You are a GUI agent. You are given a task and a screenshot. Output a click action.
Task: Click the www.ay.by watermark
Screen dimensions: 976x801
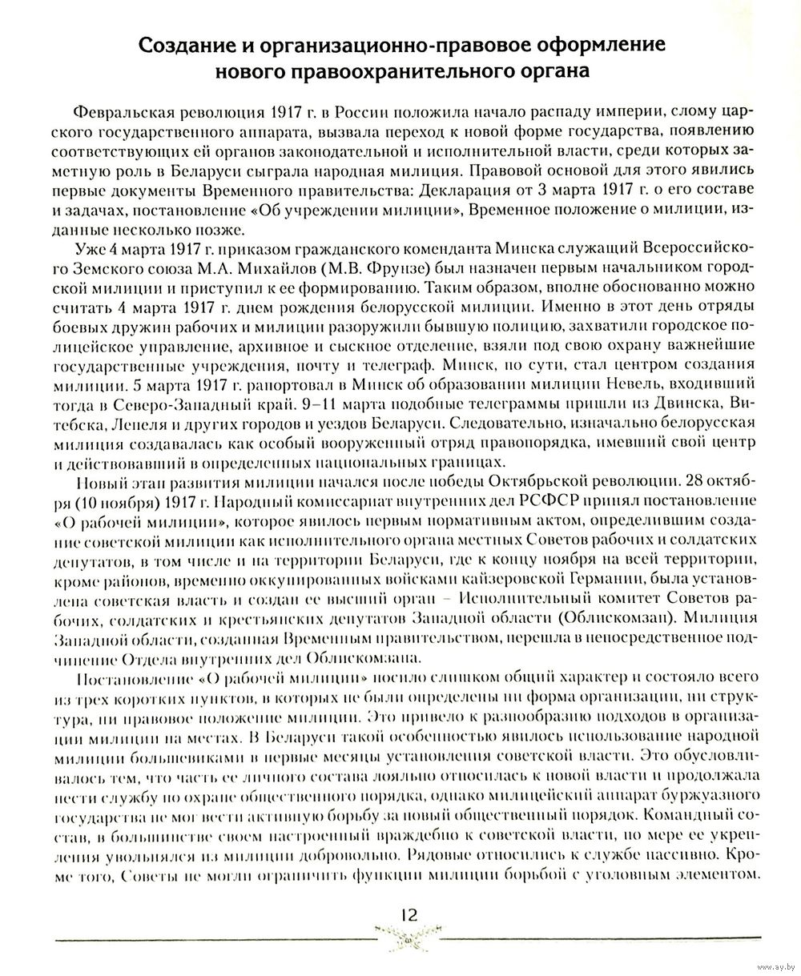pyautogui.click(x=768, y=965)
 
